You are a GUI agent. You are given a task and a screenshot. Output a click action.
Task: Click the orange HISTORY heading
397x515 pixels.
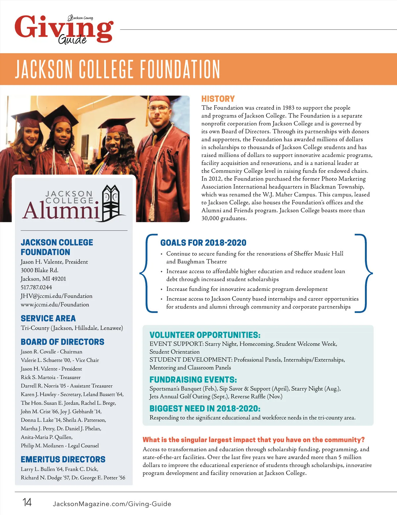click(218, 99)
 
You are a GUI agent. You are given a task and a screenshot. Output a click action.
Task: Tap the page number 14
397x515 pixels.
click(27, 502)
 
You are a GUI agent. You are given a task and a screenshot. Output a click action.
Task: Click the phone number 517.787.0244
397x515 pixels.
click(36, 287)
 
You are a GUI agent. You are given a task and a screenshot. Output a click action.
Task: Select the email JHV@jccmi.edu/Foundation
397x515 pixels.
click(57, 296)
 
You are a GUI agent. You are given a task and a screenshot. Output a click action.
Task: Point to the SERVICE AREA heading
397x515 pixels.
click(48, 318)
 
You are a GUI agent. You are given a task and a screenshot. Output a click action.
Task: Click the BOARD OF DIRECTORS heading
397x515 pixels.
click(63, 342)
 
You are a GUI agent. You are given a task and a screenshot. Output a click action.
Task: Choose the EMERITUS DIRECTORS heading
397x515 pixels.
click(63, 459)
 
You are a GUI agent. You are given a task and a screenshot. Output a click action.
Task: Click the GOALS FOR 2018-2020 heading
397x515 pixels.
click(203, 243)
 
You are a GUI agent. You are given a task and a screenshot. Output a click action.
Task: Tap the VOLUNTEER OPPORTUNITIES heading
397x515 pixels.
click(205, 335)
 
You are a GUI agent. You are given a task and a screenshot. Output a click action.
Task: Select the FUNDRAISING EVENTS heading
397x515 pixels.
click(193, 379)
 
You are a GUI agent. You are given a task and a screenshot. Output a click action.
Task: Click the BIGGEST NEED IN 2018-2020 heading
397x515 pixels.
click(205, 409)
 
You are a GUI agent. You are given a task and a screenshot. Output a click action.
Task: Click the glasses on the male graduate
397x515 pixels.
click(158, 108)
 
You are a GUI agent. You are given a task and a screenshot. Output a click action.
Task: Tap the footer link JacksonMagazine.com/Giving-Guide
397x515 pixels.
click(112, 504)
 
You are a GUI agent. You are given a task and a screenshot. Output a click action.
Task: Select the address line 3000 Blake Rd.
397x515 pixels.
click(40, 270)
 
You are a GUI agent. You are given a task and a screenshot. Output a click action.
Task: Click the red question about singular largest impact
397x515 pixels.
click(254, 440)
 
